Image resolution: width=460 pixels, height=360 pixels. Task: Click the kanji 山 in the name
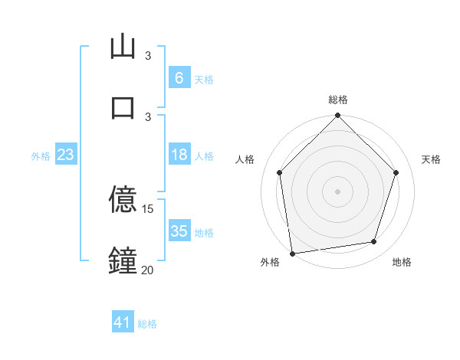(x=123, y=47)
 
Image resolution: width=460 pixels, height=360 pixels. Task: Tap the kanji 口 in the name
(x=123, y=106)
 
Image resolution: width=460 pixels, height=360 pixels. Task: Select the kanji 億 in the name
(x=123, y=201)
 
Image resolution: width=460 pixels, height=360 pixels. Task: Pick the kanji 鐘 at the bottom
(x=123, y=260)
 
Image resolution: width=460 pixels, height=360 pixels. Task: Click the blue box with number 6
(x=179, y=78)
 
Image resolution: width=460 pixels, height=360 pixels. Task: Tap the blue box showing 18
(x=179, y=155)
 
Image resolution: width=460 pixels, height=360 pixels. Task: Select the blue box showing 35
(x=179, y=232)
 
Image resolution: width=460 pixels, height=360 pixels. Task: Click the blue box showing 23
(x=65, y=155)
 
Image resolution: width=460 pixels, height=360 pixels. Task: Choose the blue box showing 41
(x=123, y=323)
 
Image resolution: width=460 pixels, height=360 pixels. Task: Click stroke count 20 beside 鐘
(x=148, y=269)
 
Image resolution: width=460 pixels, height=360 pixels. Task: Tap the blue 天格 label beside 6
(x=204, y=79)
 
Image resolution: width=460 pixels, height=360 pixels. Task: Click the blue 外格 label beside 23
(x=41, y=156)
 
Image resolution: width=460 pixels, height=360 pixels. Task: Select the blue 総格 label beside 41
(x=148, y=324)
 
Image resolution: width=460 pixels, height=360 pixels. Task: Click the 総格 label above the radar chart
(x=338, y=100)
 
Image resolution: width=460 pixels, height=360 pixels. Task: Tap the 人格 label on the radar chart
(x=245, y=159)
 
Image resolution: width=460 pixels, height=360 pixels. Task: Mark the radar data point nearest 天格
(x=396, y=172)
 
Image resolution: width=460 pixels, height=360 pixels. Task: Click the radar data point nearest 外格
(x=292, y=253)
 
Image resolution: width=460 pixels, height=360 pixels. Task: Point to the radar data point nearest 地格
(x=374, y=242)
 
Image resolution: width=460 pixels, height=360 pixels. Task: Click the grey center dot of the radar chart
(x=337, y=191)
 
